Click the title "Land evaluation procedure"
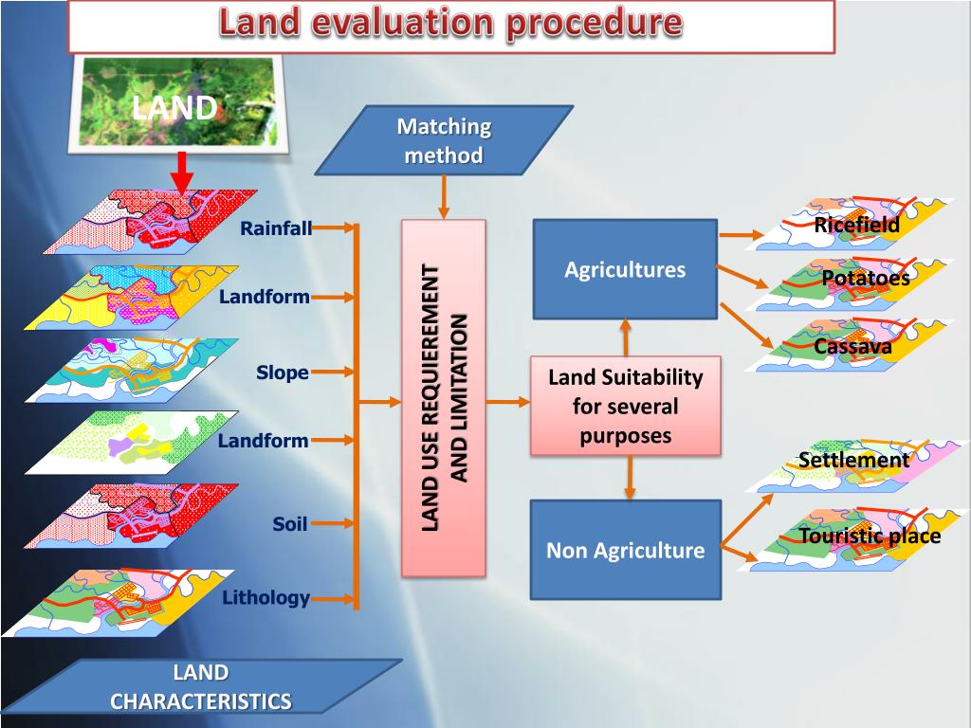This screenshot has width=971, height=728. [450, 23]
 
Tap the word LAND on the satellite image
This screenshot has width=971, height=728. [174, 107]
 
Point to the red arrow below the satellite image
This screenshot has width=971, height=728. [184, 176]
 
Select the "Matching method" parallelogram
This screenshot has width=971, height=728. [444, 140]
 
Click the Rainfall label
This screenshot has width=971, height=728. [275, 228]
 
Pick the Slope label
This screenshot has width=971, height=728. [283, 373]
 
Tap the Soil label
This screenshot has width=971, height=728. [289, 523]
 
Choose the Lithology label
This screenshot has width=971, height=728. [266, 598]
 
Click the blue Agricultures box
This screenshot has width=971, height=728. [625, 269]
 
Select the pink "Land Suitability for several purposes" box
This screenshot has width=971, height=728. [625, 406]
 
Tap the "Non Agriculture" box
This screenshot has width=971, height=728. [625, 550]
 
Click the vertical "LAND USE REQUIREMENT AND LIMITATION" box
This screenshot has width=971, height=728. [444, 398]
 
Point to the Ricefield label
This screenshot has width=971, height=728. [856, 226]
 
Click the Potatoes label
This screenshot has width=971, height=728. [865, 279]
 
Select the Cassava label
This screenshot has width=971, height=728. [852, 347]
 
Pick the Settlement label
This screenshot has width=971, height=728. [853, 461]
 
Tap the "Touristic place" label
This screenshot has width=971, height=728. [870, 537]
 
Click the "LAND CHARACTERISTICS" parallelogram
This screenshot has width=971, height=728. [201, 687]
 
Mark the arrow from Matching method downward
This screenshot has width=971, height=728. [443, 197]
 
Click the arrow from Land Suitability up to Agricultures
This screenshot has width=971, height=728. [626, 337]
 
